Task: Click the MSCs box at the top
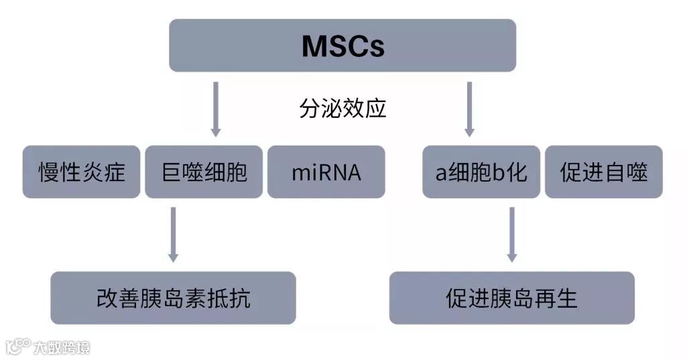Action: (342, 46)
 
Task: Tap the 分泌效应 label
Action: (342, 108)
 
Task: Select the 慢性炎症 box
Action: (81, 172)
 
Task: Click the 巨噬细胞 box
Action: (204, 172)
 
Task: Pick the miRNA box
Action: (326, 172)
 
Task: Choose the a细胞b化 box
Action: (481, 172)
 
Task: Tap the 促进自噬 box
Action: (603, 172)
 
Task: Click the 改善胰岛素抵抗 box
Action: (173, 298)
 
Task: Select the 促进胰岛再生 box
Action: (511, 298)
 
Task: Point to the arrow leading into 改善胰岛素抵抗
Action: (173, 235)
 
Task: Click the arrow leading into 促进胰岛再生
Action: (511, 235)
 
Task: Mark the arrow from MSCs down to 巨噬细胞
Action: (215, 109)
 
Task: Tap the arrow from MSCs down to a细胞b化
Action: (469, 109)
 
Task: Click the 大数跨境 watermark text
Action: (62, 347)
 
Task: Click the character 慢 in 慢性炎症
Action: (48, 172)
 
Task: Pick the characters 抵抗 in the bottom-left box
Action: (225, 298)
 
